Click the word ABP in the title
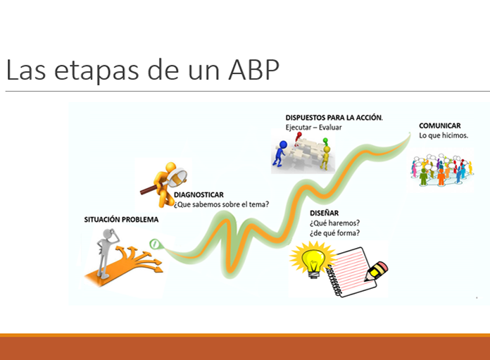click(253, 70)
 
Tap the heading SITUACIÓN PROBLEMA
click(121, 220)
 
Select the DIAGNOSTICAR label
click(199, 194)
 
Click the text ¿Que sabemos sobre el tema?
click(221, 204)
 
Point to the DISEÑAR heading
click(324, 213)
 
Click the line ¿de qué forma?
click(334, 233)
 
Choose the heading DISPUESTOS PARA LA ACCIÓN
click(334, 118)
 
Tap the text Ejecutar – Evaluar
click(313, 128)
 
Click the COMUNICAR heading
click(440, 125)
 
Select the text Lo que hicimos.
click(444, 135)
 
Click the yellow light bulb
click(313, 260)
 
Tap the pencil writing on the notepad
click(376, 271)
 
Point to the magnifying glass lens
click(177, 177)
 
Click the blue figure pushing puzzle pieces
click(280, 154)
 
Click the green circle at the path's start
click(154, 244)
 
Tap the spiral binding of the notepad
click(334, 280)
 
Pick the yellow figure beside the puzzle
click(325, 157)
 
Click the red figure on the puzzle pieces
click(298, 137)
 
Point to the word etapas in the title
click(96, 70)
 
